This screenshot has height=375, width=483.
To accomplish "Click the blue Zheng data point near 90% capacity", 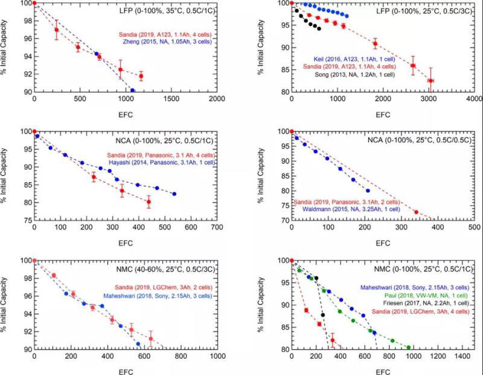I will pos(132,90).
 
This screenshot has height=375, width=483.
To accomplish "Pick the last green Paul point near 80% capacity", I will pos(409,347).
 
